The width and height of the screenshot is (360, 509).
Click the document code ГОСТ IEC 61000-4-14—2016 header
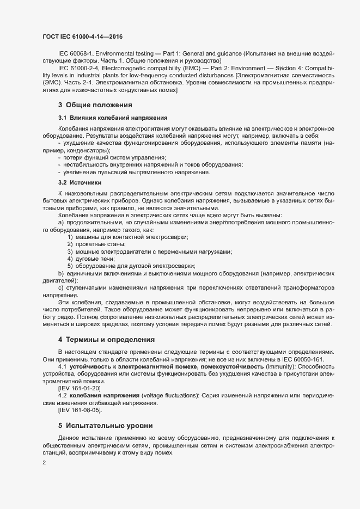(82, 36)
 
